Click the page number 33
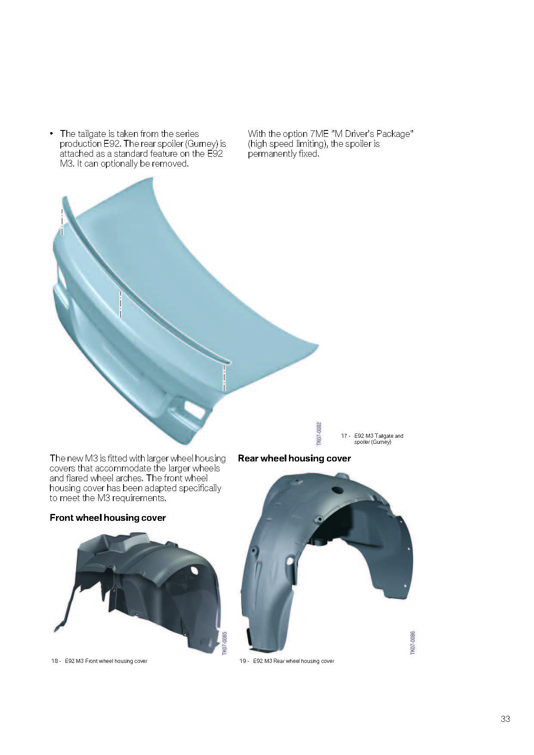[x=505, y=719]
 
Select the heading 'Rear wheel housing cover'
[x=294, y=458]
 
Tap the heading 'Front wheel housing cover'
[x=108, y=518]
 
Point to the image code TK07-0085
[x=224, y=644]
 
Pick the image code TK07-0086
[x=413, y=643]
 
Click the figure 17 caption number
[x=344, y=436]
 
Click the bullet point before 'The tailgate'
[x=52, y=134]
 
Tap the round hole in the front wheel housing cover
[x=193, y=570]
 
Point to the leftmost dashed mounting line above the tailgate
[x=62, y=222]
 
